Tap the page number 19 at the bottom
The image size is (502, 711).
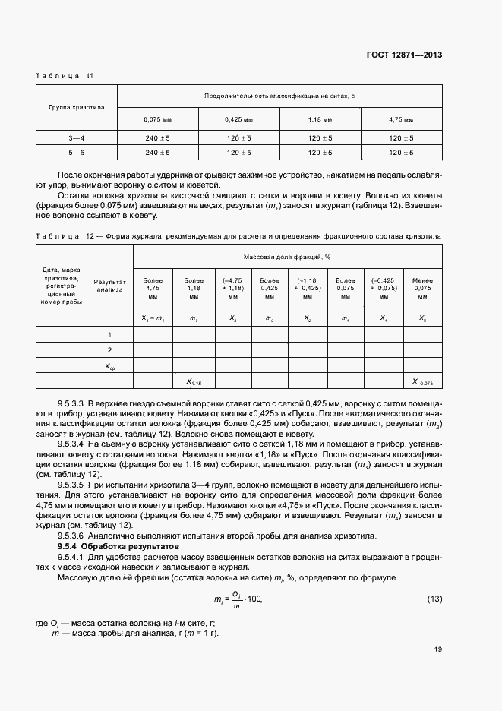click(438, 649)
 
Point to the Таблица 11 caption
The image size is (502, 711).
click(65, 76)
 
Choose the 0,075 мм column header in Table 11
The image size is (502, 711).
click(157, 119)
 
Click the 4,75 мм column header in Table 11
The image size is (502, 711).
click(401, 119)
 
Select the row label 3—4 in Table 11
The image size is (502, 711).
click(77, 138)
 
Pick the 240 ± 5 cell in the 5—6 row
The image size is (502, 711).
click(157, 153)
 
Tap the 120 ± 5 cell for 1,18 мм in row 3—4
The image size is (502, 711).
click(320, 138)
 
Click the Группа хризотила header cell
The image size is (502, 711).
click(77, 107)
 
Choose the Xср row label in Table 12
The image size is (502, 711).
click(109, 366)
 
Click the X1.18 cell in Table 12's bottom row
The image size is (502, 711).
click(191, 381)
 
